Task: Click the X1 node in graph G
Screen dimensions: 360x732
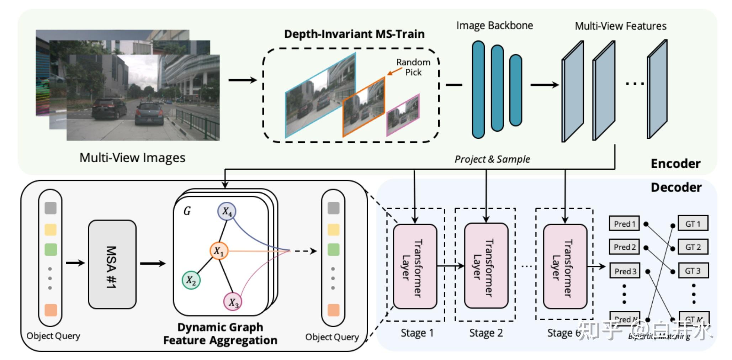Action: [x=219, y=251]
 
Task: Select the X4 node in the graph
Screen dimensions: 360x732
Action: [x=227, y=211]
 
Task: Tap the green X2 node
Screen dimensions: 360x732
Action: [x=191, y=280]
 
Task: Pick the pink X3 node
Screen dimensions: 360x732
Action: [x=232, y=302]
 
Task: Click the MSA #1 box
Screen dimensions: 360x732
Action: [x=112, y=265]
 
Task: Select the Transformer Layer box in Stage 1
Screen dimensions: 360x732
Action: [x=415, y=266]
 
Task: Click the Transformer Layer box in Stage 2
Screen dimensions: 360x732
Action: [x=486, y=266]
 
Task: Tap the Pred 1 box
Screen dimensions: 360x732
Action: [x=624, y=224]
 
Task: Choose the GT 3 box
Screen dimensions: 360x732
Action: [x=693, y=271]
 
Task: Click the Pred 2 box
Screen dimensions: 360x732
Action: [x=624, y=247]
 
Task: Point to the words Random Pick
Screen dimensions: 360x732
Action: [x=413, y=67]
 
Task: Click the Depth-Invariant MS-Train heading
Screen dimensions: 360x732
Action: [x=354, y=34]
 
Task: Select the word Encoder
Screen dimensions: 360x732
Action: [x=675, y=164]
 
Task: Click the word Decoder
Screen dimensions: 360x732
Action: [x=676, y=187]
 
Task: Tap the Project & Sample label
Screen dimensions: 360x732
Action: [x=492, y=159]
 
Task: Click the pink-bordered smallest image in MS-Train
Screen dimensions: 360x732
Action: [x=403, y=115]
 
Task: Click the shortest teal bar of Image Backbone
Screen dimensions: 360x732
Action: [x=515, y=90]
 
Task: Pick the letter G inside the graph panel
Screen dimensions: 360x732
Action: [x=187, y=211]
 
